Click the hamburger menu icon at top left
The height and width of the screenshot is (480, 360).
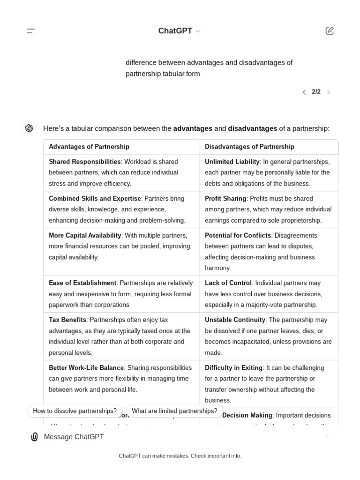click(x=31, y=31)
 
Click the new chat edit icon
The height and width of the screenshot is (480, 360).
click(x=330, y=31)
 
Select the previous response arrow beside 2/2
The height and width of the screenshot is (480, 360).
click(x=304, y=92)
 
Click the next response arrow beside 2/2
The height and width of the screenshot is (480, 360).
click(x=329, y=92)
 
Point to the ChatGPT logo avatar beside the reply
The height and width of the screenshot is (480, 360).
click(x=29, y=128)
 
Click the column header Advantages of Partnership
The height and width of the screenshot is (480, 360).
click(x=89, y=147)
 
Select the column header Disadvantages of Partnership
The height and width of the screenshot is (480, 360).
click(x=249, y=147)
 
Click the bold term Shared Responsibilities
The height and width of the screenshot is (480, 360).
click(x=84, y=162)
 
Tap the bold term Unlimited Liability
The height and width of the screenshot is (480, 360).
click(x=232, y=162)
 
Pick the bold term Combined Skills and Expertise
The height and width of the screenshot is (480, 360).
click(x=95, y=199)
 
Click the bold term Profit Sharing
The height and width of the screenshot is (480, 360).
click(x=225, y=199)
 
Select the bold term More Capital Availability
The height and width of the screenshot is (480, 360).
click(x=85, y=235)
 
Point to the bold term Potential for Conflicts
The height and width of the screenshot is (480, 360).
click(x=238, y=235)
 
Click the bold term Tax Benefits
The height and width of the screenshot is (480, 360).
click(x=67, y=320)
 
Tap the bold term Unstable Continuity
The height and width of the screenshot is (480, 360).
click(x=235, y=320)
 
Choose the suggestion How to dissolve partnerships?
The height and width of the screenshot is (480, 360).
click(x=75, y=411)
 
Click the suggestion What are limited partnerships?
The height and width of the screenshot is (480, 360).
click(x=174, y=411)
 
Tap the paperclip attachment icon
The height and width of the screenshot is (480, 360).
click(x=34, y=437)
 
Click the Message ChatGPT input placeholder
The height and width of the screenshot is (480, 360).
click(x=74, y=437)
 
